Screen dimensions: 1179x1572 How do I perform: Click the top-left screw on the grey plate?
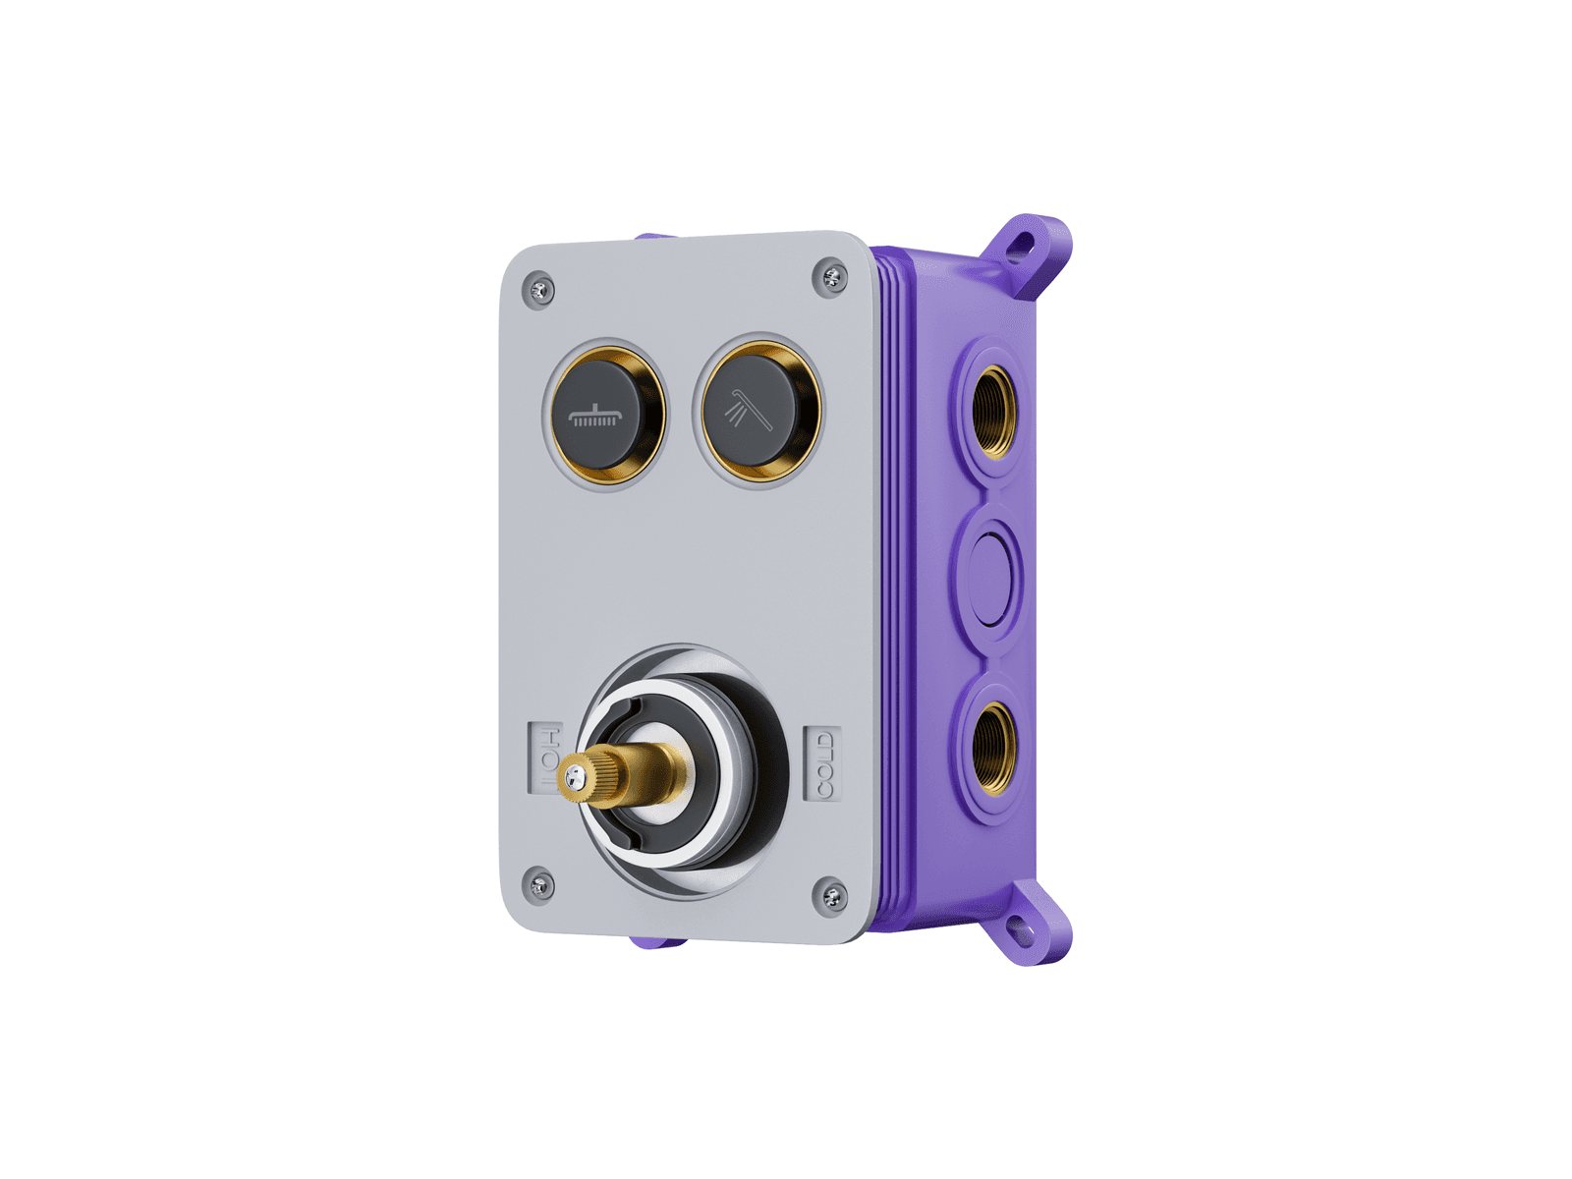coord(539,290)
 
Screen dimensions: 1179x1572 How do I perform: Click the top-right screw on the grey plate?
coord(831,277)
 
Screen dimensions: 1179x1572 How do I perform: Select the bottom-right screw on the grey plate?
coord(831,895)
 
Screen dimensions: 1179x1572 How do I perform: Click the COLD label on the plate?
coord(823,762)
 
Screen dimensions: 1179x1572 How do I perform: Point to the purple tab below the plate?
coord(655,942)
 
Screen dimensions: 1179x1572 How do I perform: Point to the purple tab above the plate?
coord(653,237)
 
